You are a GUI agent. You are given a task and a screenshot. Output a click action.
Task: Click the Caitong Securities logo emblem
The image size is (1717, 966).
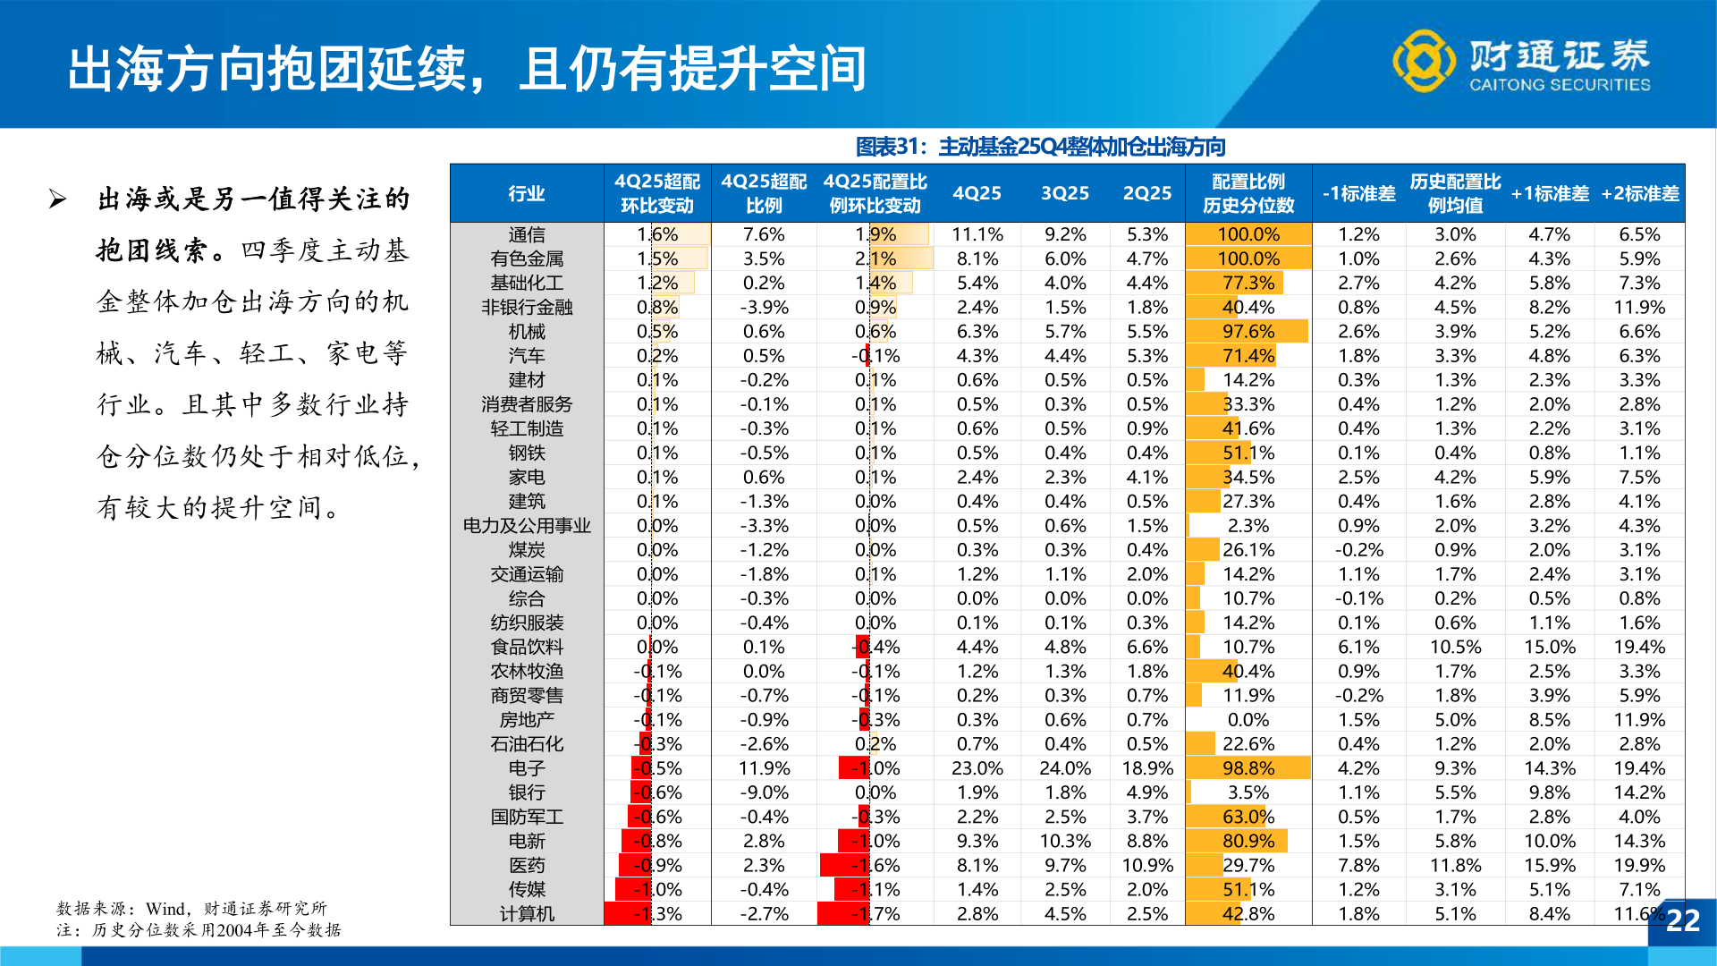1423,61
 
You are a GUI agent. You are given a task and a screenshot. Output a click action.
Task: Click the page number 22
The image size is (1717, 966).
1682,920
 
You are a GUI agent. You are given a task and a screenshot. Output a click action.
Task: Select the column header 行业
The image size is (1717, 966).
526,193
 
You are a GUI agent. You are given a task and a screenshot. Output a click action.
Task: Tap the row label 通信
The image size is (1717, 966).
526,234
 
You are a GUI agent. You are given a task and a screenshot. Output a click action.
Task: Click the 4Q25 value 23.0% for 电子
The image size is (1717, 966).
977,768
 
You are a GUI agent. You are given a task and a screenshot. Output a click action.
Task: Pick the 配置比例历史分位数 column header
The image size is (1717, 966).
1248,193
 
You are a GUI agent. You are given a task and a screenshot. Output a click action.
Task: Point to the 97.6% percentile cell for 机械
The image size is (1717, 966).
1248,331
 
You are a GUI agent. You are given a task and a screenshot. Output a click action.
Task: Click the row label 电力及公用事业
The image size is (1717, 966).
526,526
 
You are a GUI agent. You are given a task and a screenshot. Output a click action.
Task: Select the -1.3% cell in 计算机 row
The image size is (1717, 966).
657,914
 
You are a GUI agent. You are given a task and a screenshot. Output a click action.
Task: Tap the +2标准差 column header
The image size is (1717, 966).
1639,193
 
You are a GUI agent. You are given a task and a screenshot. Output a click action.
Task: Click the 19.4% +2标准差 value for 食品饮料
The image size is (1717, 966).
1639,647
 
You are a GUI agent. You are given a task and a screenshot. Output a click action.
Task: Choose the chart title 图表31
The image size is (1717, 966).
1040,147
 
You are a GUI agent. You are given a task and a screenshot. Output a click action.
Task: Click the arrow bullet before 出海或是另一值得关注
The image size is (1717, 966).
58,199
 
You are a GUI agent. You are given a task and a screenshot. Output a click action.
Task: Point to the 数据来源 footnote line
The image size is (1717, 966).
191,908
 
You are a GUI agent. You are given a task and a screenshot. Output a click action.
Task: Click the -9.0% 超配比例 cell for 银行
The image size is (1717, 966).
764,792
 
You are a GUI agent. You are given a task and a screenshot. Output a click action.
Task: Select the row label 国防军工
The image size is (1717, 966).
526,817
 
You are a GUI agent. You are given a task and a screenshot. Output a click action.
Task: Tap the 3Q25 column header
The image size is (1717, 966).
1064,193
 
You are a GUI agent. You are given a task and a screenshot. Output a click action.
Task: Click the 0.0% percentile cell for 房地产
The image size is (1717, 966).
1248,720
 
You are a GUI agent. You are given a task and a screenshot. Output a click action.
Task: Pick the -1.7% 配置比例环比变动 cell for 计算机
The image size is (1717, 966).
875,914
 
